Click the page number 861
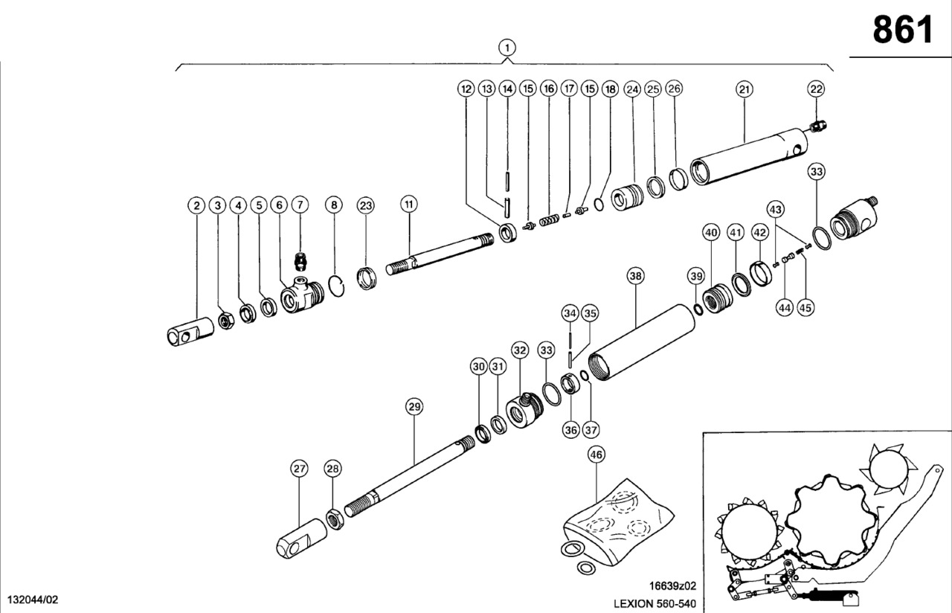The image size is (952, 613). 902,31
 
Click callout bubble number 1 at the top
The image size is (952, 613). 506,48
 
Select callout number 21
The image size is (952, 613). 744,89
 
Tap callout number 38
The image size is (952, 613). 635,277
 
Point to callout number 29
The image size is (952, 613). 414,406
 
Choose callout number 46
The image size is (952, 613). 596,455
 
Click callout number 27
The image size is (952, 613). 299,469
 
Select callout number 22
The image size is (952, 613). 817,89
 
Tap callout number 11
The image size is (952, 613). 408,205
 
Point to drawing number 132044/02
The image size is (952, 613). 32,600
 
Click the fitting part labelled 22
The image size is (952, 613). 819,128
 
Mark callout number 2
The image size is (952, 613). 196,205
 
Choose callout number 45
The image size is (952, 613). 805,306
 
